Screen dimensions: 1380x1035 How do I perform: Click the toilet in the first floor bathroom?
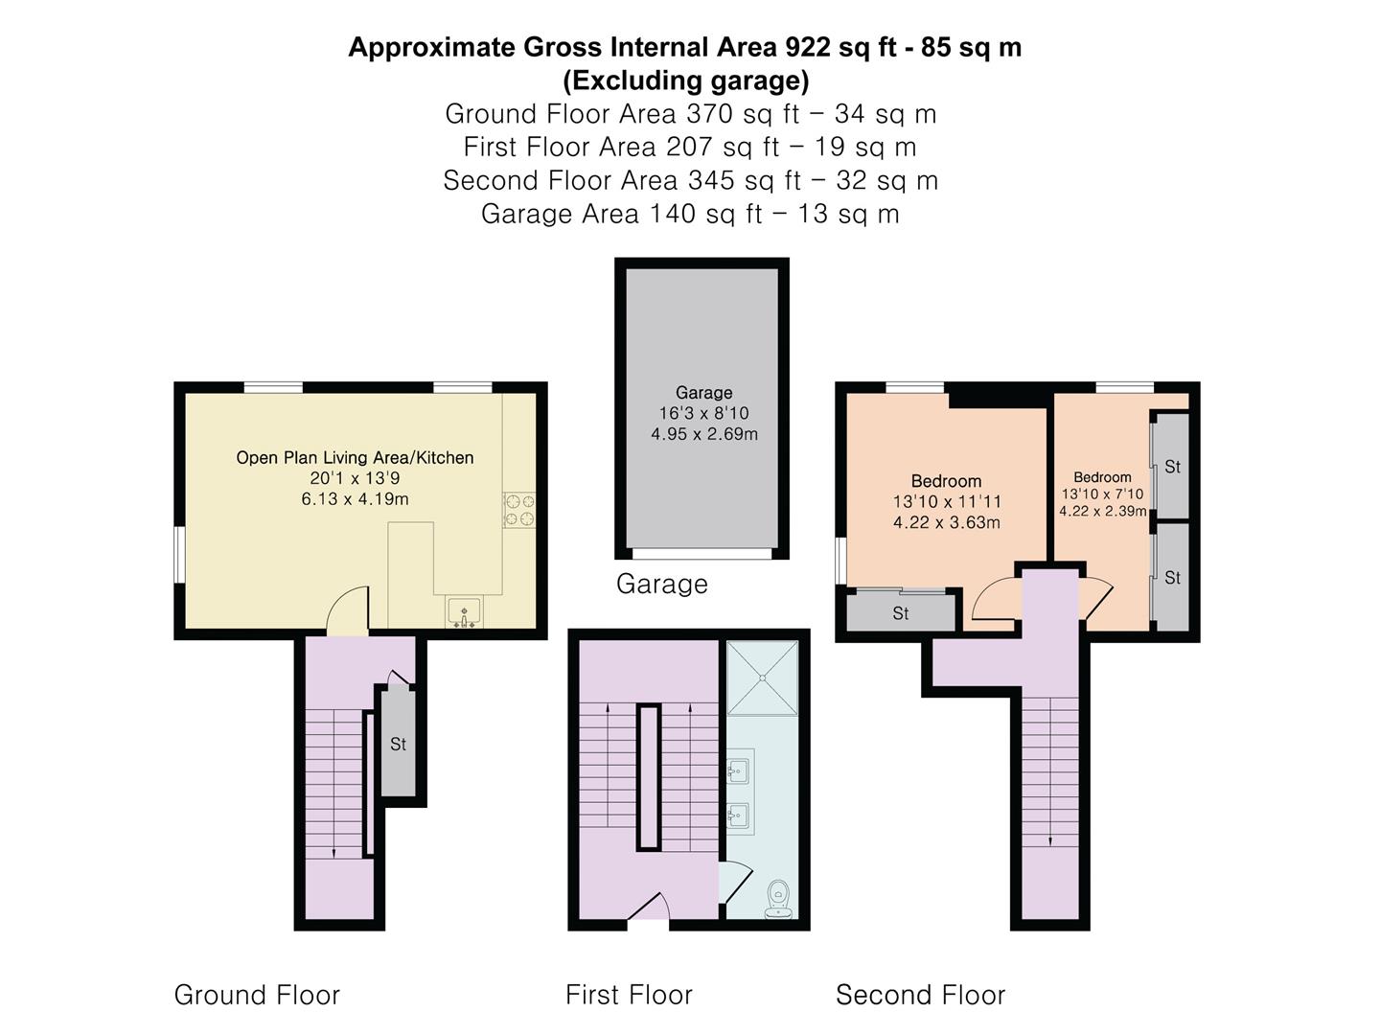(779, 899)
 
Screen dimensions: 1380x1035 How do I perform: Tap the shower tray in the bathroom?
(762, 678)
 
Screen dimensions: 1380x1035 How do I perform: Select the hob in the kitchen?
(519, 510)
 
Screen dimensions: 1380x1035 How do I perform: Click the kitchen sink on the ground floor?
(464, 612)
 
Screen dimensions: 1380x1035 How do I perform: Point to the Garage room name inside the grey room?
(704, 393)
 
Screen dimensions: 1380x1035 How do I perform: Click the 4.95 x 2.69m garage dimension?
(704, 434)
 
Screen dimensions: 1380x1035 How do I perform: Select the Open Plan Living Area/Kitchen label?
(355, 457)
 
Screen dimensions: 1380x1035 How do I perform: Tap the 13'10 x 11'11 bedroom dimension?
(947, 501)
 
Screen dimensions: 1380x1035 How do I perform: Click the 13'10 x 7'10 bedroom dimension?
(1103, 494)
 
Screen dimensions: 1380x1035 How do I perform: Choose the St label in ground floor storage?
(398, 744)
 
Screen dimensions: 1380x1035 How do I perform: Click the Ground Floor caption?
(257, 996)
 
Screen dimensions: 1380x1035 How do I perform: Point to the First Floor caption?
(629, 996)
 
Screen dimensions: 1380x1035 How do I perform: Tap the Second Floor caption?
(920, 996)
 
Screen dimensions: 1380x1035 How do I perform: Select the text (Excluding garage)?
(686, 80)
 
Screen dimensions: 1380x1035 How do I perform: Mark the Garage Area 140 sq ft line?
(690, 214)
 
